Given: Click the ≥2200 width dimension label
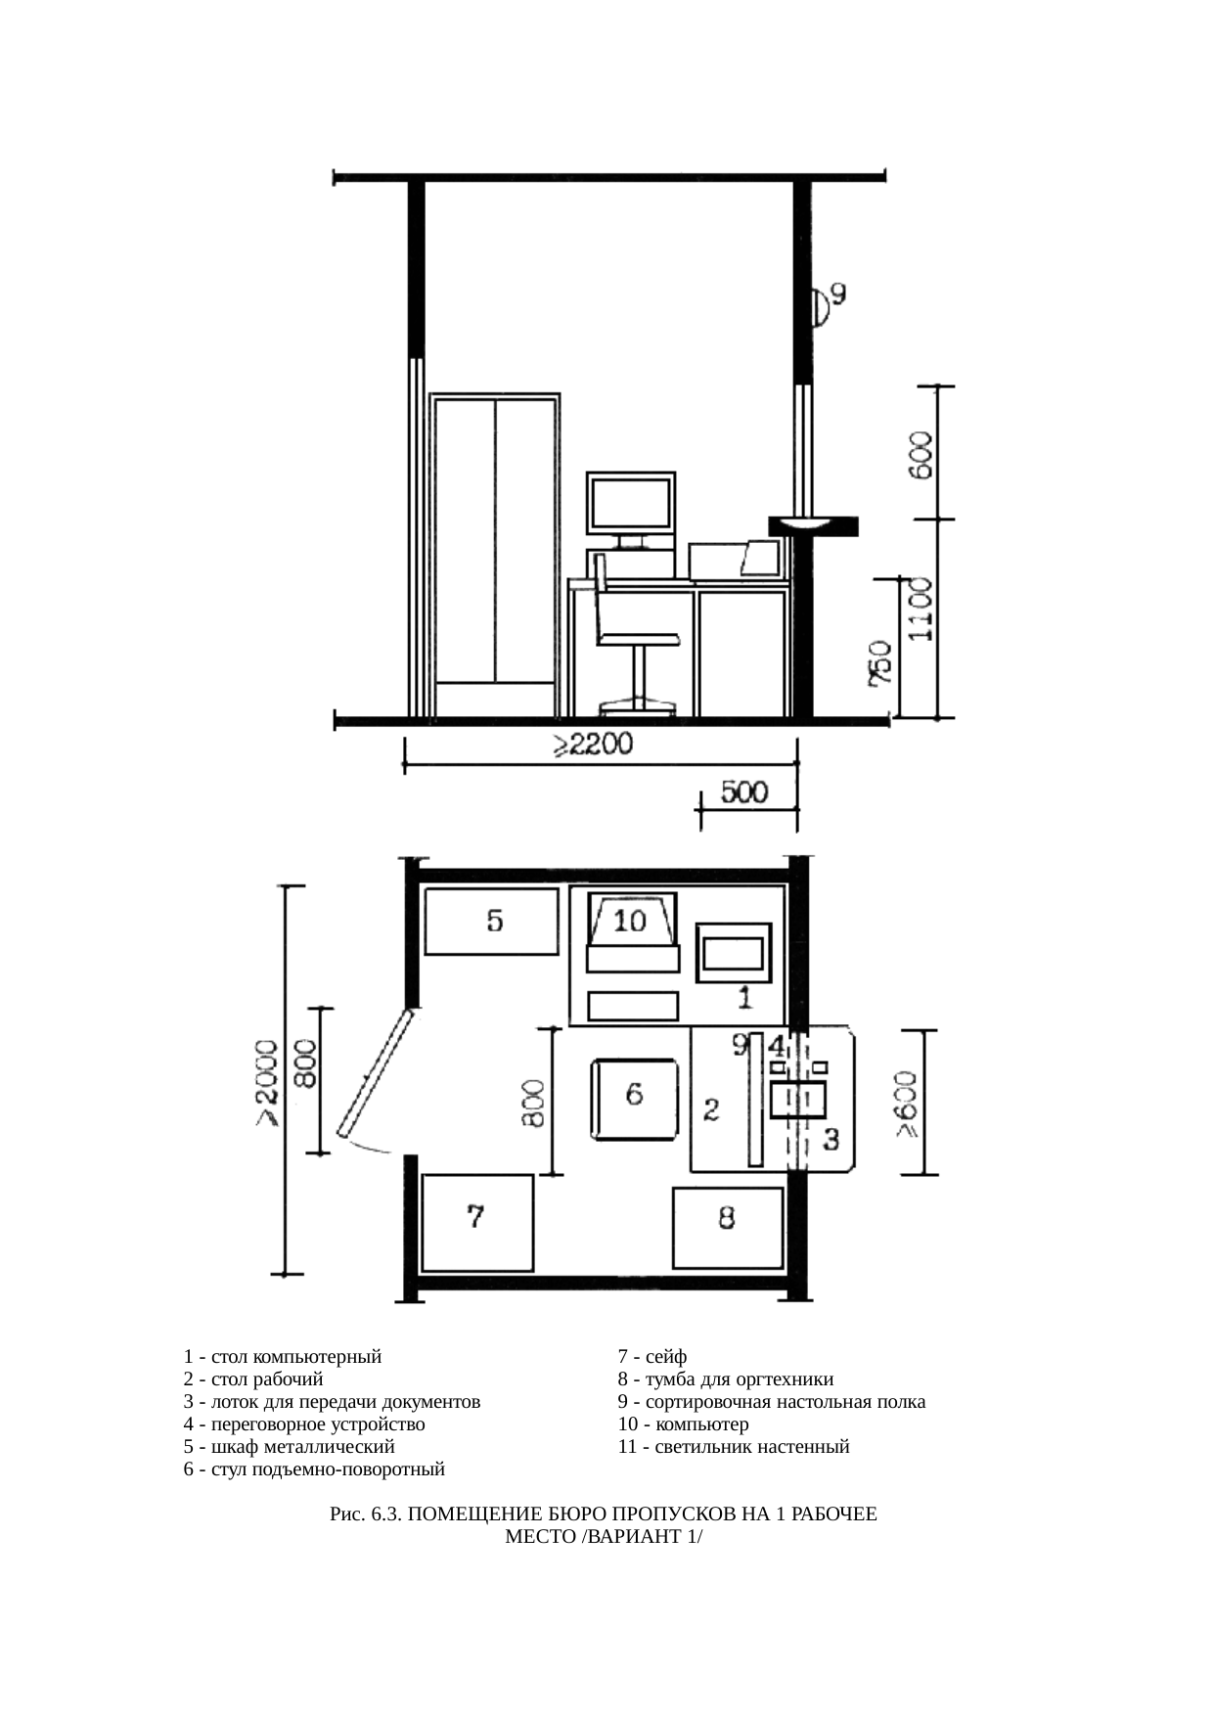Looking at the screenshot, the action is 592,745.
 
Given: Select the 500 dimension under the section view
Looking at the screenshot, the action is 744,791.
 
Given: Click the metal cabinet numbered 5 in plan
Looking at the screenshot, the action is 491,921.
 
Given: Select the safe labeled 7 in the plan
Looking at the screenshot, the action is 477,1223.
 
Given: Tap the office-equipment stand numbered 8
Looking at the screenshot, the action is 728,1228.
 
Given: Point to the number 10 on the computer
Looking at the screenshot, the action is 630,921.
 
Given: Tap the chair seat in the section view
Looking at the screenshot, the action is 639,639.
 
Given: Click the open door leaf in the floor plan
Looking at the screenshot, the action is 377,1073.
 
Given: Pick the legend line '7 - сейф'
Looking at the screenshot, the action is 652,1357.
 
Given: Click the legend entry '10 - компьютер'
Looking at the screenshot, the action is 684,1423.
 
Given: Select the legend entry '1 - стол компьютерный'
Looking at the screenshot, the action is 283,1357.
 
